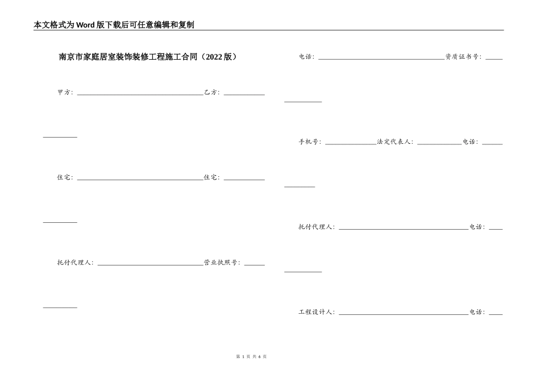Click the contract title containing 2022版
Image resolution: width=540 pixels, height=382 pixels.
tap(148, 57)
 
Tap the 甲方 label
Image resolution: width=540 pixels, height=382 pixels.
tap(64, 92)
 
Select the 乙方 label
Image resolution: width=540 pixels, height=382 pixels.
tap(211, 92)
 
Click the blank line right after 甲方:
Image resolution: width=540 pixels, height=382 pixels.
tap(140, 94)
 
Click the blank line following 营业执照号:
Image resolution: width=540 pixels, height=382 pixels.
tap(254, 264)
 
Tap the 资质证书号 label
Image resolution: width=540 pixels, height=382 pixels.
tap(462, 57)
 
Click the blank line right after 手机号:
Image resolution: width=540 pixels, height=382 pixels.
tap(350, 143)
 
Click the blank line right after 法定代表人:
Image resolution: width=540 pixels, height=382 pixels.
tap(439, 143)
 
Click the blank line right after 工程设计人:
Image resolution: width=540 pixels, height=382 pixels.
tap(403, 314)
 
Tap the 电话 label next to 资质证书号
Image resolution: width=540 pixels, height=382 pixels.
tap(305, 57)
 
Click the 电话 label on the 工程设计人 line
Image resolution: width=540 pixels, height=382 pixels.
tap(476, 312)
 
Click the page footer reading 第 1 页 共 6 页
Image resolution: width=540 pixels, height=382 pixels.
tap(251, 356)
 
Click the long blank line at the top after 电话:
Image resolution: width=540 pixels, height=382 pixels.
tap(381, 59)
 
